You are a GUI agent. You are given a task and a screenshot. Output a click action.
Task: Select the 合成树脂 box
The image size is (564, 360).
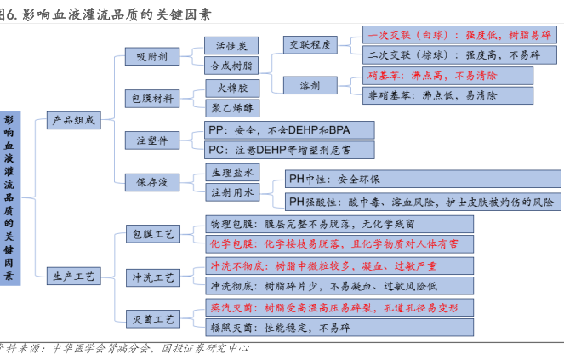[x=231, y=65]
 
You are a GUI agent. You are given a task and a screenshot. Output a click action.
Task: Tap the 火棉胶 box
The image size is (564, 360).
[x=231, y=88]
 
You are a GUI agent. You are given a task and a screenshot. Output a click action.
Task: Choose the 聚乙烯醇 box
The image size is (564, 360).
[x=231, y=107]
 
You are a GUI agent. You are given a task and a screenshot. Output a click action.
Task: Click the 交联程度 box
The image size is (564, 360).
[x=310, y=45]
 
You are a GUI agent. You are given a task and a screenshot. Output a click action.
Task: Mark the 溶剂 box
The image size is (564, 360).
[x=310, y=85]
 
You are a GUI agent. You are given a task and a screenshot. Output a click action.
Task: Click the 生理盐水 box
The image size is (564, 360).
[x=231, y=173]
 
